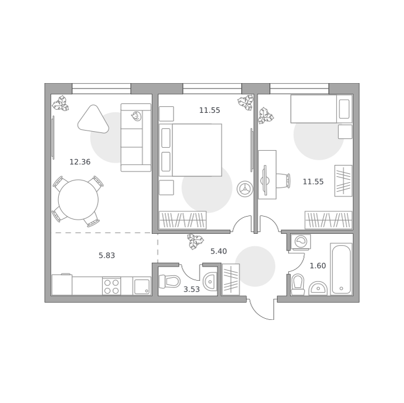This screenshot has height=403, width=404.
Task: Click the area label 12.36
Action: tap(80, 162)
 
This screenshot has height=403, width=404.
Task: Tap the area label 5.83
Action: tap(107, 255)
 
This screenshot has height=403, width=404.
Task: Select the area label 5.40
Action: tap(219, 251)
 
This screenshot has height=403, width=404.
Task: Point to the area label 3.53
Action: tap(191, 289)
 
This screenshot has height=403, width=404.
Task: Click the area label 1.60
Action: tap(318, 265)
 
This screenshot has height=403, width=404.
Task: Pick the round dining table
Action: tap(78, 199)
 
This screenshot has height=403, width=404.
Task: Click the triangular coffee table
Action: tap(93, 120)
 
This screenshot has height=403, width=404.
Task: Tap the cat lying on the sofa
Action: tap(136, 116)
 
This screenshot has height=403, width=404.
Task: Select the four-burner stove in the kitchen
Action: tap(112, 286)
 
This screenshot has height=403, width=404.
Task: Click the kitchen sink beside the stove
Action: tap(142, 286)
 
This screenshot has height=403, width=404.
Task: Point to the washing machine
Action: tap(301, 242)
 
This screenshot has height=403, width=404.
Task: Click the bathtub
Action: tap(341, 269)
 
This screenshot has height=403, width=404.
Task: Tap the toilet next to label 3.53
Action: tap(169, 281)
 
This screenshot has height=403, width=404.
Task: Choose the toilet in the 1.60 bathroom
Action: tap(298, 285)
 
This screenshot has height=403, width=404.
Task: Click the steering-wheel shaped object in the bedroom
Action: tap(245, 189)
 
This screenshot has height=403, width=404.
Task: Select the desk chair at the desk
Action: tap(283, 180)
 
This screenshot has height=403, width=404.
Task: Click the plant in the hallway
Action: tap(195, 242)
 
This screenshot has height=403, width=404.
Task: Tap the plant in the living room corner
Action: tap(60, 103)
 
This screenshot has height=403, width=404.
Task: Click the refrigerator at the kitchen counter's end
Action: tap(62, 285)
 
